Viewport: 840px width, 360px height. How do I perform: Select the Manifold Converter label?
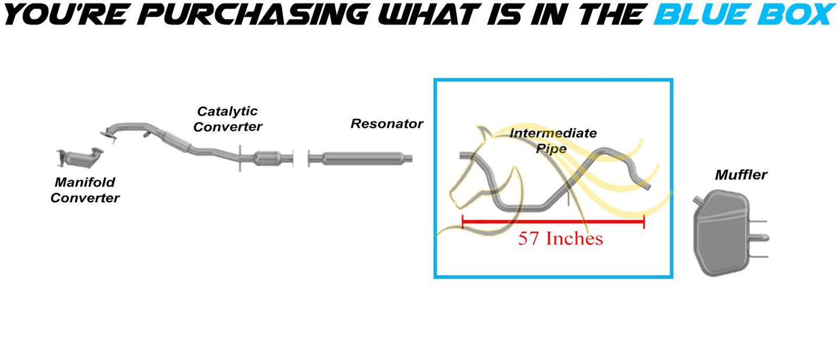[x=85, y=190]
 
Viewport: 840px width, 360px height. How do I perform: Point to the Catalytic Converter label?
[x=227, y=119]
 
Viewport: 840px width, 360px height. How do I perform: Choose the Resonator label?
[x=387, y=124]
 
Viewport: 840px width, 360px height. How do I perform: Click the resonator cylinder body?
[x=361, y=158]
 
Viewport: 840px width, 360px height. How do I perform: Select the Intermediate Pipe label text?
[x=553, y=140]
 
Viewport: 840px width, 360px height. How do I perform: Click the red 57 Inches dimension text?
[x=560, y=238]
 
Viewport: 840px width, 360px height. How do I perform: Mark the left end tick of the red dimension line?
[x=463, y=222]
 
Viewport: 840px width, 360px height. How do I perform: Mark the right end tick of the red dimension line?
[x=644, y=222]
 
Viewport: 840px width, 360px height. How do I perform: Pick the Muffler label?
[x=741, y=174]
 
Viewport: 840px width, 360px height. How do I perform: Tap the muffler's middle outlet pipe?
[x=760, y=237]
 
